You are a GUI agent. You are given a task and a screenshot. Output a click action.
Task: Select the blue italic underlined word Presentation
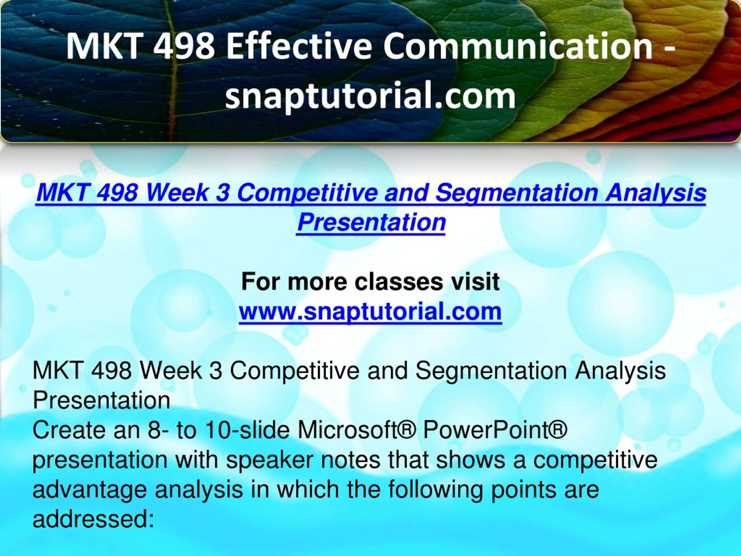click(x=371, y=222)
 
